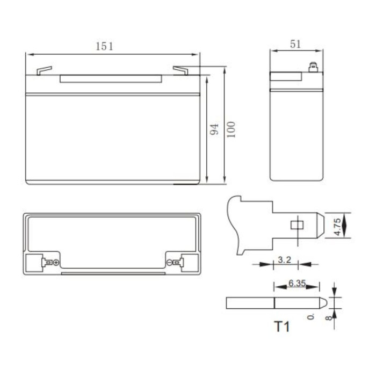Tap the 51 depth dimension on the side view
295,44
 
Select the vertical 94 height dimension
214,129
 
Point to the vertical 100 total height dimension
231,129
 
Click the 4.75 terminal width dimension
337,225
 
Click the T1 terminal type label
281,326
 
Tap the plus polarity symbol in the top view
56,263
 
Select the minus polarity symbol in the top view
169,263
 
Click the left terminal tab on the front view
44,70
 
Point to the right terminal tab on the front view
180,70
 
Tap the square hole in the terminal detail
295,225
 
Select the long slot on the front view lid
112,79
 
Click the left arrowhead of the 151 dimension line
29,54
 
